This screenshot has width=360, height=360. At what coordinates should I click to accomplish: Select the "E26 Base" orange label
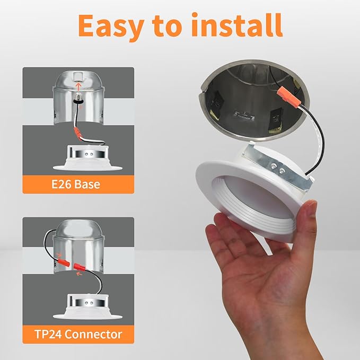(77, 185)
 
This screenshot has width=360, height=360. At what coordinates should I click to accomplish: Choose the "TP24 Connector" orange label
(77, 334)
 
